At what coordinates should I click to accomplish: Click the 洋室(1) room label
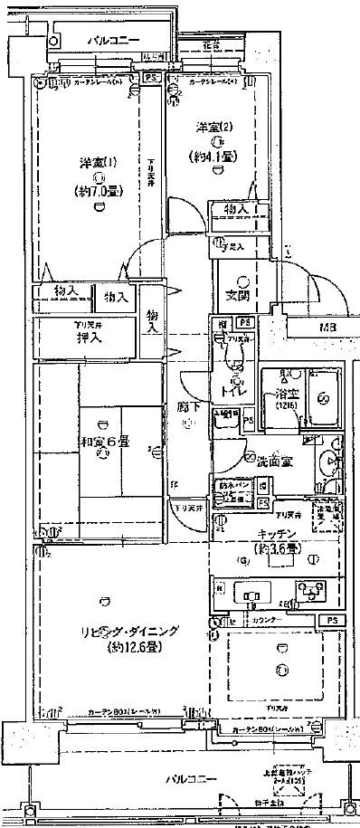pyautogui.click(x=96, y=164)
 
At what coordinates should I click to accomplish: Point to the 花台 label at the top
pyautogui.click(x=211, y=44)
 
